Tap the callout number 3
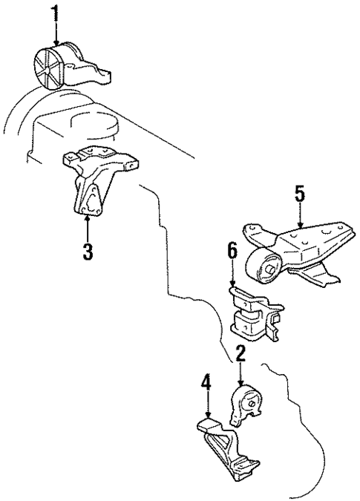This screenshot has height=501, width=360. (x=88, y=251)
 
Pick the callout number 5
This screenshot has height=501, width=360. (x=299, y=195)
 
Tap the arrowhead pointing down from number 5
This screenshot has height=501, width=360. (x=299, y=226)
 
